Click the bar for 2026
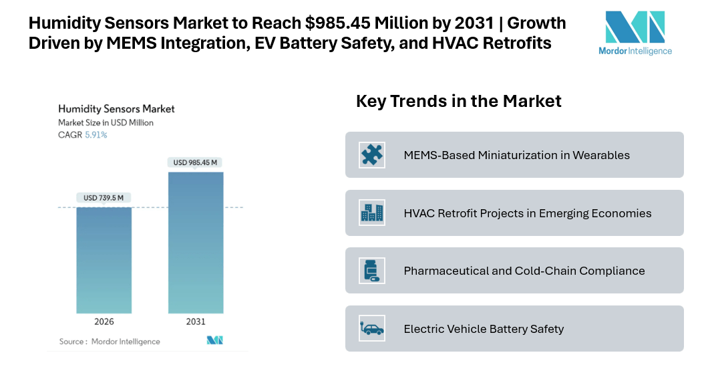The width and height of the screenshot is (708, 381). coord(104,260)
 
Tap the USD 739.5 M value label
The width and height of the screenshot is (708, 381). coord(104,198)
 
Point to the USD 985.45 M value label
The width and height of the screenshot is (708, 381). coord(196,162)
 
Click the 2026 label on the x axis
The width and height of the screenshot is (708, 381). coord(104,322)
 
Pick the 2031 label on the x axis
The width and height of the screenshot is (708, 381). coord(196,322)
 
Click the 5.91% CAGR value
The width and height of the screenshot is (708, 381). coord(96,135)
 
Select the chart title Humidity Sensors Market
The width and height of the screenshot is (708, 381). coord(116,108)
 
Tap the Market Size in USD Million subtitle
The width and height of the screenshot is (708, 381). coord(106,123)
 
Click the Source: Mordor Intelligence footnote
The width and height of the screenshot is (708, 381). coord(110,342)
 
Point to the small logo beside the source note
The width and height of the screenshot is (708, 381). coord(214,341)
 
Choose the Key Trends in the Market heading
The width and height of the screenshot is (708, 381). coord(458,102)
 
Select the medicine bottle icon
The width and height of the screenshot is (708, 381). coord(371,270)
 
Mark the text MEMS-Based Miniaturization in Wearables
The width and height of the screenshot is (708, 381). coord(516,155)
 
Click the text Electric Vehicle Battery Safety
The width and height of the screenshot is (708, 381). coord(484,329)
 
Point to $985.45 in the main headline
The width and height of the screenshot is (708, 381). coord(335,23)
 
